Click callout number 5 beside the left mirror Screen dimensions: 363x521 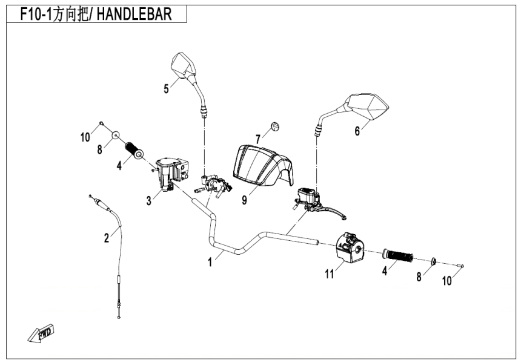(x=166, y=89)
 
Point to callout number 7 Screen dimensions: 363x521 (x=257, y=140)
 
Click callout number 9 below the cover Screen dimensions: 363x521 (x=244, y=200)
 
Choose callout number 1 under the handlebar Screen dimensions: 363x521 (x=210, y=263)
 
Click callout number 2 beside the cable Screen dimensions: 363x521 (x=107, y=238)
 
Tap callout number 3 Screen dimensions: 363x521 (x=148, y=200)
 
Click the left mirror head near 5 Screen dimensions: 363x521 (x=184, y=65)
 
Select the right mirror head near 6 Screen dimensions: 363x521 (x=368, y=106)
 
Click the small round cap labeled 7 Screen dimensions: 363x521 (x=276, y=126)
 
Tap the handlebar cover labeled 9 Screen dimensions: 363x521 (x=259, y=164)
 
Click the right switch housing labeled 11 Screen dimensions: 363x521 (x=350, y=248)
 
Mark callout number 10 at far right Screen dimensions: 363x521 (x=446, y=281)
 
